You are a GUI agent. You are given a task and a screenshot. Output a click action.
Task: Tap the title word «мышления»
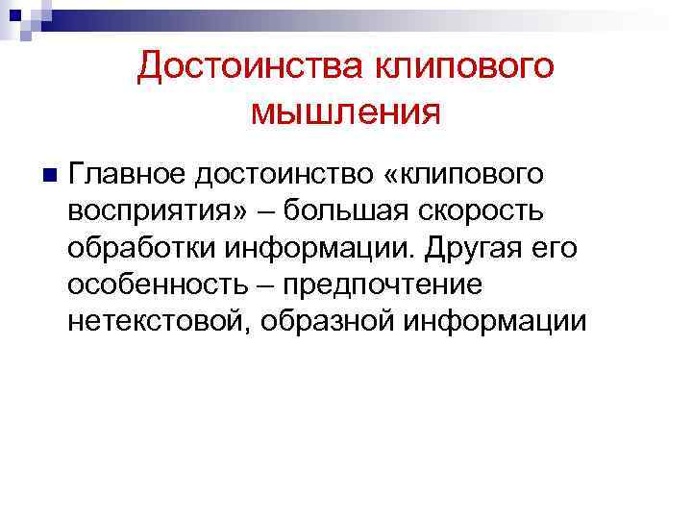[346, 113]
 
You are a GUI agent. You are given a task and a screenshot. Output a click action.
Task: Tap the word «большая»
[356, 210]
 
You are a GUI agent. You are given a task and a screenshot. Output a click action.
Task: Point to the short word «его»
[558, 247]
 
